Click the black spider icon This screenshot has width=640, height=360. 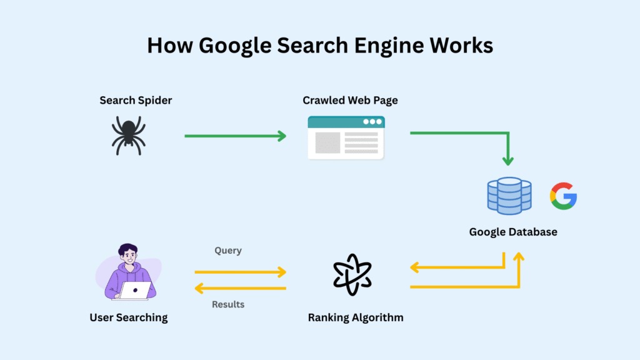click(x=129, y=136)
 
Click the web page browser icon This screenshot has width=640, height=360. click(x=346, y=137)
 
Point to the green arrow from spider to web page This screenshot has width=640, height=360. click(x=235, y=136)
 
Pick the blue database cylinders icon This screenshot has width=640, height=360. click(x=509, y=195)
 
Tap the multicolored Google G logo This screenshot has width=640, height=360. click(x=563, y=196)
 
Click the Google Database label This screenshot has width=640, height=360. click(x=513, y=232)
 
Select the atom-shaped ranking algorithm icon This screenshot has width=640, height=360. click(x=352, y=274)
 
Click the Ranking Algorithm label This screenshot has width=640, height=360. click(x=356, y=317)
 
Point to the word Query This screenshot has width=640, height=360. click(x=227, y=251)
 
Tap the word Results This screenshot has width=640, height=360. click(x=227, y=304)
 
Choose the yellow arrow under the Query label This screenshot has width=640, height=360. click(x=240, y=272)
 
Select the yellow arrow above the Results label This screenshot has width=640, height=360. click(x=240, y=288)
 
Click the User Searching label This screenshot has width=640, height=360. click(x=129, y=317)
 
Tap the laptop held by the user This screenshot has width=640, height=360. click(x=136, y=290)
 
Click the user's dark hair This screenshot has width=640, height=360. click(x=127, y=249)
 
